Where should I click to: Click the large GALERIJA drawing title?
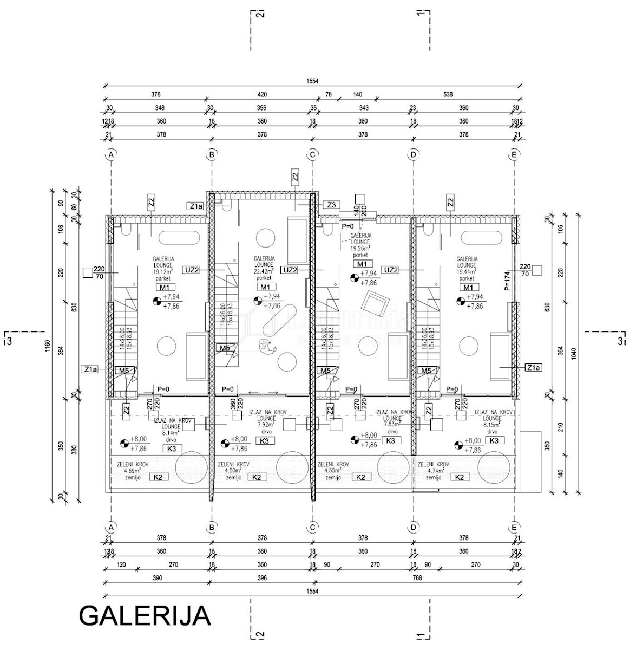[145, 615]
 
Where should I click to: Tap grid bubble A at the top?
[111, 155]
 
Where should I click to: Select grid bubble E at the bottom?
[514, 526]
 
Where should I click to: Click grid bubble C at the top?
[312, 155]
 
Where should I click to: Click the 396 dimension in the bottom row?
[262, 578]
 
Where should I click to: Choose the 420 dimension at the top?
[262, 94]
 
